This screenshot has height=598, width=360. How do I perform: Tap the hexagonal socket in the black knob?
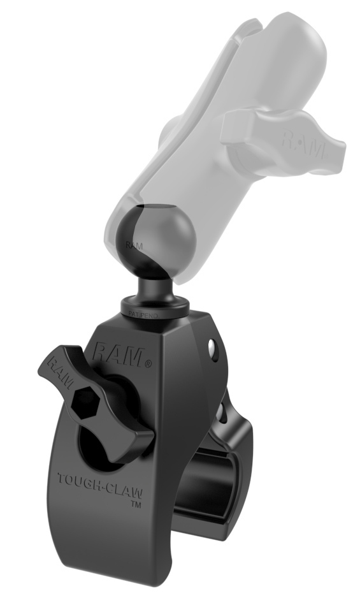[84, 403]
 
